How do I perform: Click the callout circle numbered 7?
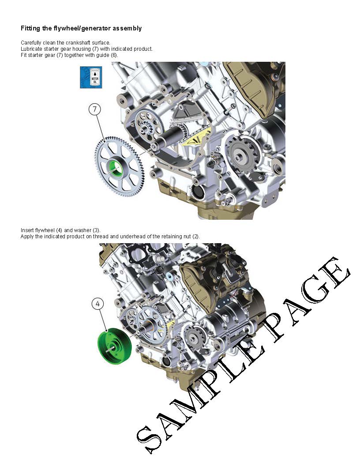(x=95, y=109)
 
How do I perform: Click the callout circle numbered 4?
(x=98, y=304)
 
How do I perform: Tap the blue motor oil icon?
(x=91, y=77)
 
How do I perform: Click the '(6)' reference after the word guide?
(x=114, y=55)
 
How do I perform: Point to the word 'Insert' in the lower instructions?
(x=27, y=230)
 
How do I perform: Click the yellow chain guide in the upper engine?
(x=198, y=137)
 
